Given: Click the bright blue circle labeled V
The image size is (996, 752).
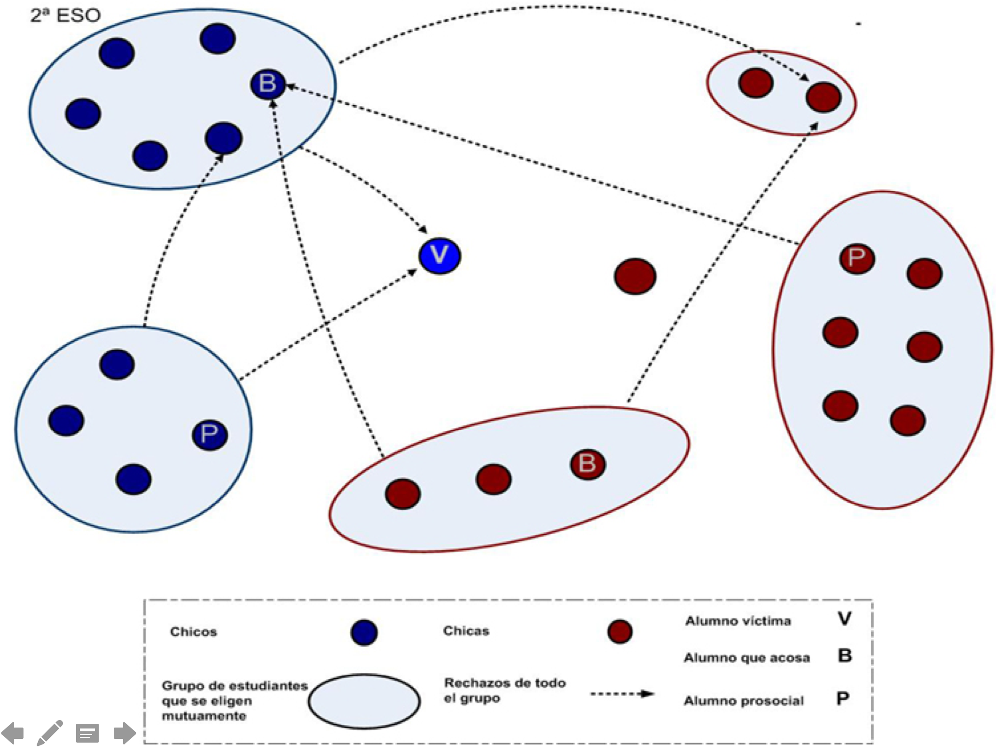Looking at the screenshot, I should (439, 256).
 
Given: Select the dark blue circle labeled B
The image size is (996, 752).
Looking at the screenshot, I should (267, 84).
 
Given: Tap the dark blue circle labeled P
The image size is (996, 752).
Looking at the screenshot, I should (210, 435).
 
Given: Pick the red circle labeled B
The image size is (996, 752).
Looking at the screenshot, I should (588, 464).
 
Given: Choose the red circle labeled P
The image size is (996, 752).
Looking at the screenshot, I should (856, 258).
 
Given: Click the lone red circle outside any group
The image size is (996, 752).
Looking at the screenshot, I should (635, 276).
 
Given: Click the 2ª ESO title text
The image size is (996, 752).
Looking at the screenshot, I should (65, 16).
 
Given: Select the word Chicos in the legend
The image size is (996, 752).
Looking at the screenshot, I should (193, 632).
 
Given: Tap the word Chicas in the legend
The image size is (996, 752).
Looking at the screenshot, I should (466, 631).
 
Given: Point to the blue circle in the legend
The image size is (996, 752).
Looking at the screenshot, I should (364, 632).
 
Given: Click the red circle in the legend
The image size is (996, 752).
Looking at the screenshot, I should (620, 631).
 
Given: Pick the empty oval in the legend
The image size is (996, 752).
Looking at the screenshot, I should (364, 701).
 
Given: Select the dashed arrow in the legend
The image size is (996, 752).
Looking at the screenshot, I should (622, 694).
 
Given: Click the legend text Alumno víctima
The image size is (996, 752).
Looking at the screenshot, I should (738, 621).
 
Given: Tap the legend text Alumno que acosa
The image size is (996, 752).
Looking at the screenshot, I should (746, 657).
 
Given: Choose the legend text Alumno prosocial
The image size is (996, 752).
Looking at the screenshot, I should (744, 701).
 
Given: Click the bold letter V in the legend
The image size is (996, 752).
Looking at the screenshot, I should (844, 618).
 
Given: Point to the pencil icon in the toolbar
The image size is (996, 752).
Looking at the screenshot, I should (50, 732).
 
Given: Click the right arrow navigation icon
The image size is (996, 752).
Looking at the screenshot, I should (125, 733).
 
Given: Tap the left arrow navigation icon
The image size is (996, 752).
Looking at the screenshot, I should (13, 733).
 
